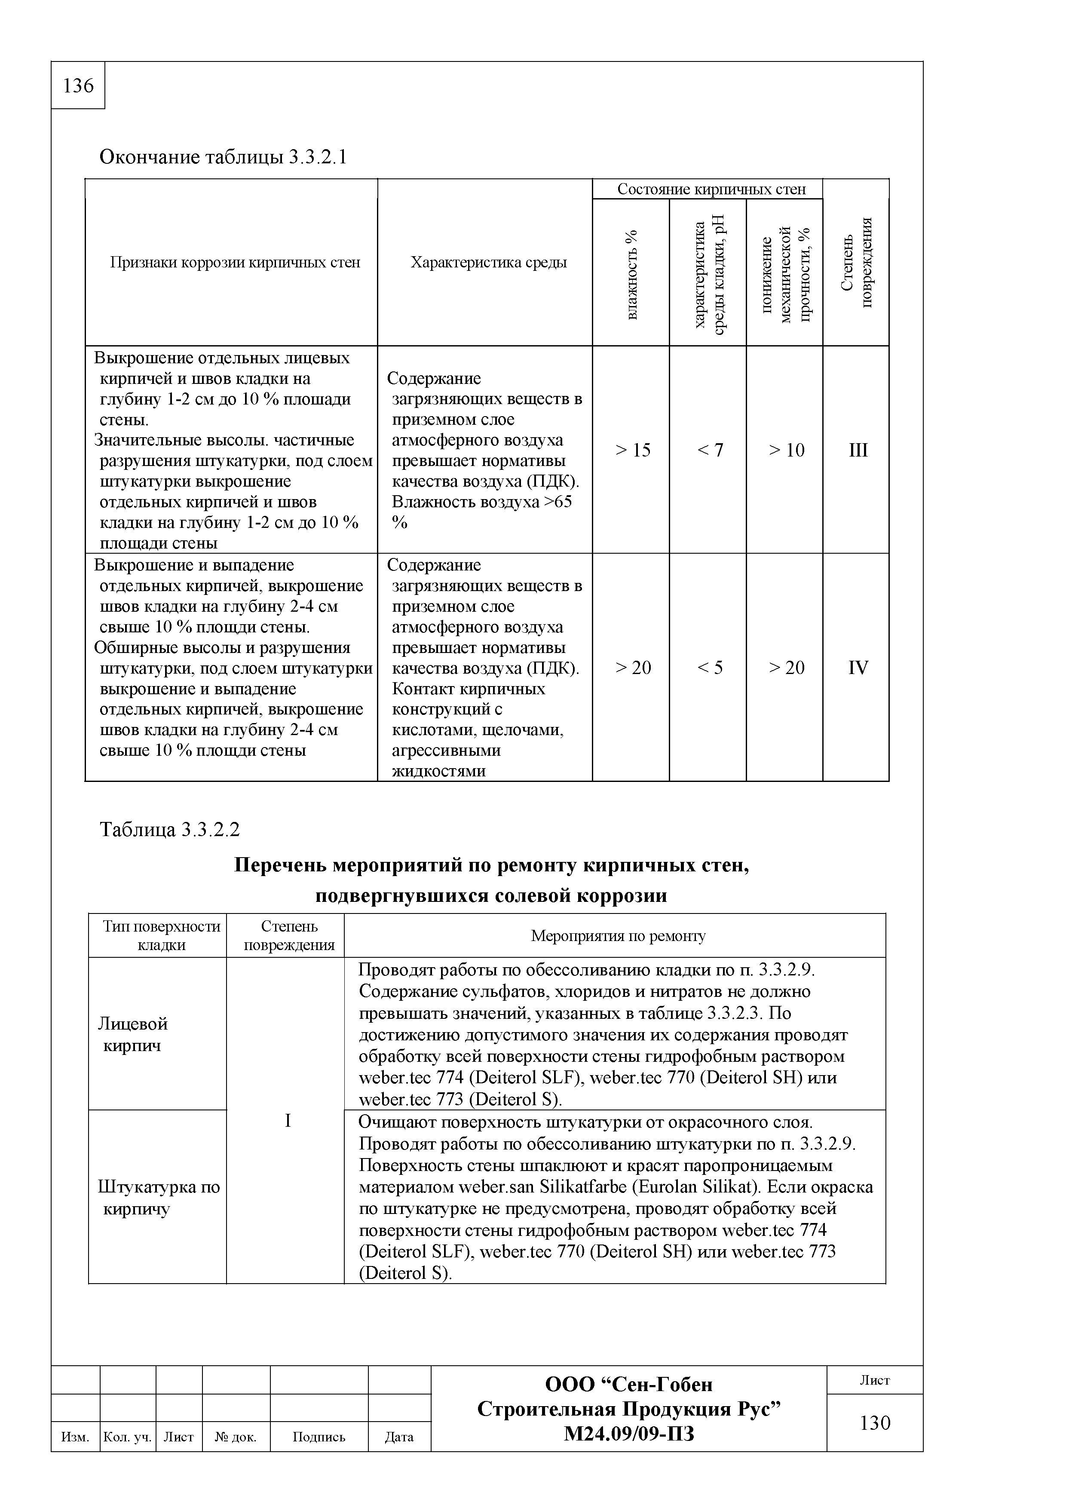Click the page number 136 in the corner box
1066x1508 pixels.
78,86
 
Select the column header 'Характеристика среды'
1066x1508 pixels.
489,263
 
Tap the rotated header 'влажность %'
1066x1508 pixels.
631,275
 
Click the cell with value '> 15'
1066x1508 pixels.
632,450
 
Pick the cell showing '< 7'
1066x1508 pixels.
709,450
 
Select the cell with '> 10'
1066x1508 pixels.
786,450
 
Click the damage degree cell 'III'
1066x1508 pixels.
858,450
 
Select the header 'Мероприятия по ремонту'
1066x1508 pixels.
617,936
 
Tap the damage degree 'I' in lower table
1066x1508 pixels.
287,1121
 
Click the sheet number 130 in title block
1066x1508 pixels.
875,1422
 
